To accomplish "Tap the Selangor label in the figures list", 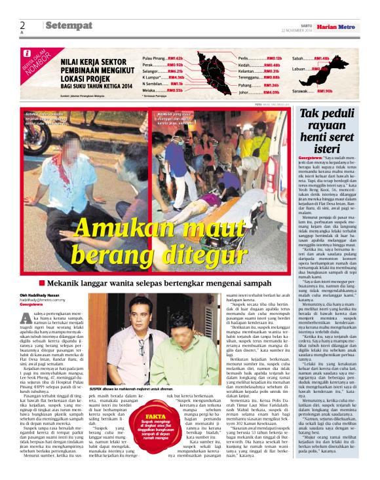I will tap(152, 71).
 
